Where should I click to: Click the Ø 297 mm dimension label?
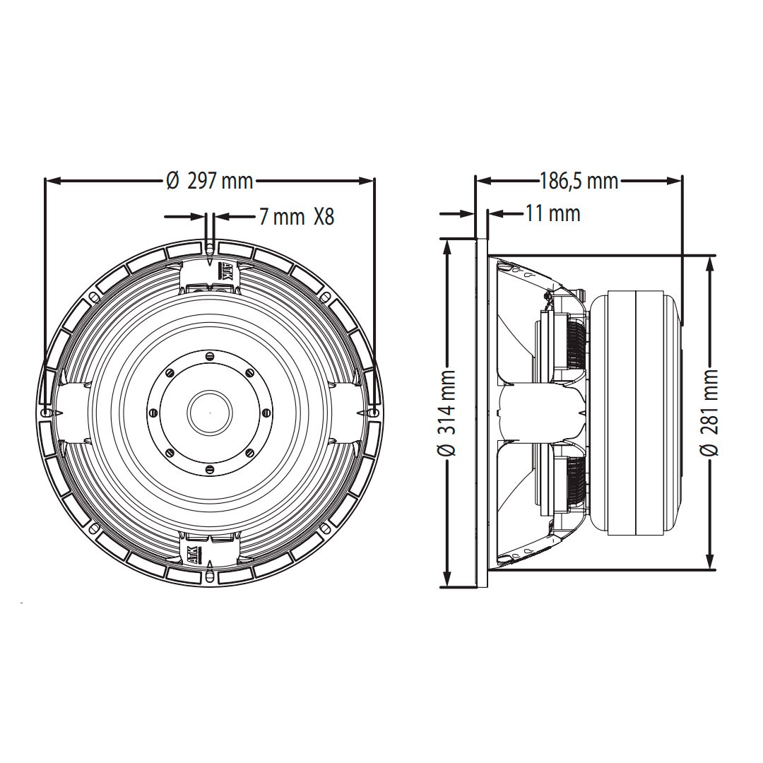point(210,182)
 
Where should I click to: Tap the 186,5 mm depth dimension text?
point(579,182)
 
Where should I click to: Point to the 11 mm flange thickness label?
point(552,213)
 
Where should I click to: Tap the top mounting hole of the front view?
point(210,248)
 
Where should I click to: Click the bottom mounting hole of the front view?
point(210,577)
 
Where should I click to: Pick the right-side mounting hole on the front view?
point(374,410)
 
